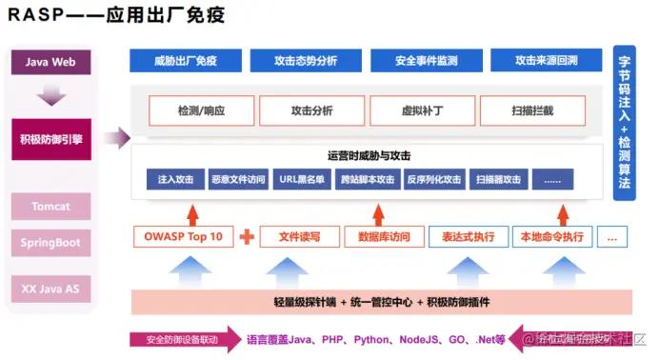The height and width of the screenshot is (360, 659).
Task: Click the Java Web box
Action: point(51,64)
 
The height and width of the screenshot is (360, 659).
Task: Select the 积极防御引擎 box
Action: point(51,139)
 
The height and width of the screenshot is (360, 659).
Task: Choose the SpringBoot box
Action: point(51,242)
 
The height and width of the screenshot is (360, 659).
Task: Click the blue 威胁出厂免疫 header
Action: point(185,61)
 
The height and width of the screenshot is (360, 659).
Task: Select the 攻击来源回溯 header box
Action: point(546,61)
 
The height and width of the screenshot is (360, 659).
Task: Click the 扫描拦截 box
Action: point(531,111)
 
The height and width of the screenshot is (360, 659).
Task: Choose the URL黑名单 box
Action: point(303,179)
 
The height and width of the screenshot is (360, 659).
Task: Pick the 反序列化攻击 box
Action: point(433,179)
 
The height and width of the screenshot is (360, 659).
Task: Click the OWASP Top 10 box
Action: point(182,235)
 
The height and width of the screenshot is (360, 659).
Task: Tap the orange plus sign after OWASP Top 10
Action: point(247,235)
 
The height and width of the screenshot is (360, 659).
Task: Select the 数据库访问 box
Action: point(384,235)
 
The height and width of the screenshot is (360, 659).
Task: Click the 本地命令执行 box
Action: point(550,235)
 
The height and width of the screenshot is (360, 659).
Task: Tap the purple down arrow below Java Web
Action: point(51,96)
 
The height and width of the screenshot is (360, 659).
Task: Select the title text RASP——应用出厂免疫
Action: point(111,17)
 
